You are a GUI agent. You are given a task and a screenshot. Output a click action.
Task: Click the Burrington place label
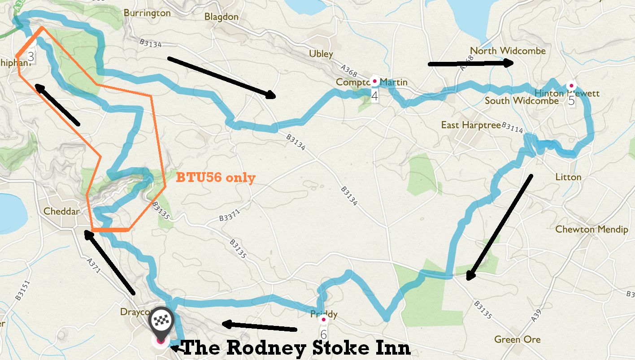tap(147, 13)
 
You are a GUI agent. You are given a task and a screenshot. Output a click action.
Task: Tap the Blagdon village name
tap(221, 17)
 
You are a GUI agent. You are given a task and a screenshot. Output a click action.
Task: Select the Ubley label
tap(321, 54)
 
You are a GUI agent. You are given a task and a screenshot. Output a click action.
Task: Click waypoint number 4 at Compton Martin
tap(374, 95)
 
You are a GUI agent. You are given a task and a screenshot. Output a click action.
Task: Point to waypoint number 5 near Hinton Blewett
tap(571, 100)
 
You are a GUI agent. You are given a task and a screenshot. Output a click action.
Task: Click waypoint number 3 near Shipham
tap(30, 56)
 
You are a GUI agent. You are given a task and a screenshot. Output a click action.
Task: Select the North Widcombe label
tap(508, 51)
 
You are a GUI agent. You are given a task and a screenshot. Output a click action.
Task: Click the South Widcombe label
tap(522, 100)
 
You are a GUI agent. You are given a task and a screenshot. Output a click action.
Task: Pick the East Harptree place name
tap(470, 125)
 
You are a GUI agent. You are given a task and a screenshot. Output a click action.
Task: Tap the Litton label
tap(568, 177)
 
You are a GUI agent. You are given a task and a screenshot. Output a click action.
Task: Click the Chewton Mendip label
tap(592, 229)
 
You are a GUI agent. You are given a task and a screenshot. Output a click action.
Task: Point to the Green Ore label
tap(517, 339)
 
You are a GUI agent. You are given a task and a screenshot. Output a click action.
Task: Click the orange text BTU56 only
tap(216, 178)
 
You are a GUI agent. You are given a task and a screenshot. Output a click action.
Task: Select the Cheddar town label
tap(61, 211)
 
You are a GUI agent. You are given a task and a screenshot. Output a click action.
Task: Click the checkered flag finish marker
tap(161, 320)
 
